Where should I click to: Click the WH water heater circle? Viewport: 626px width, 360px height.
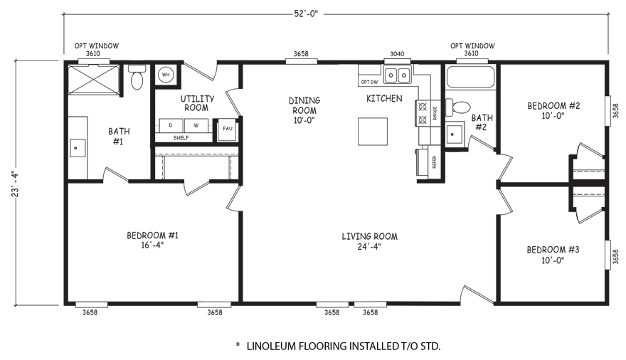point(165,73)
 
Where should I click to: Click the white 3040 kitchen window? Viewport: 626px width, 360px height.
point(397,61)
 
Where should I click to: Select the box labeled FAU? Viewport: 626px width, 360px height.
point(227,128)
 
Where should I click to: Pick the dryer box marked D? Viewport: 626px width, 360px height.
point(171,125)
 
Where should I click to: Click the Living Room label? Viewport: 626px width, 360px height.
point(368,241)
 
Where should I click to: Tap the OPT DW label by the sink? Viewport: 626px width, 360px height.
point(370,82)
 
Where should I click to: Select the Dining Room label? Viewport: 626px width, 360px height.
point(304,110)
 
